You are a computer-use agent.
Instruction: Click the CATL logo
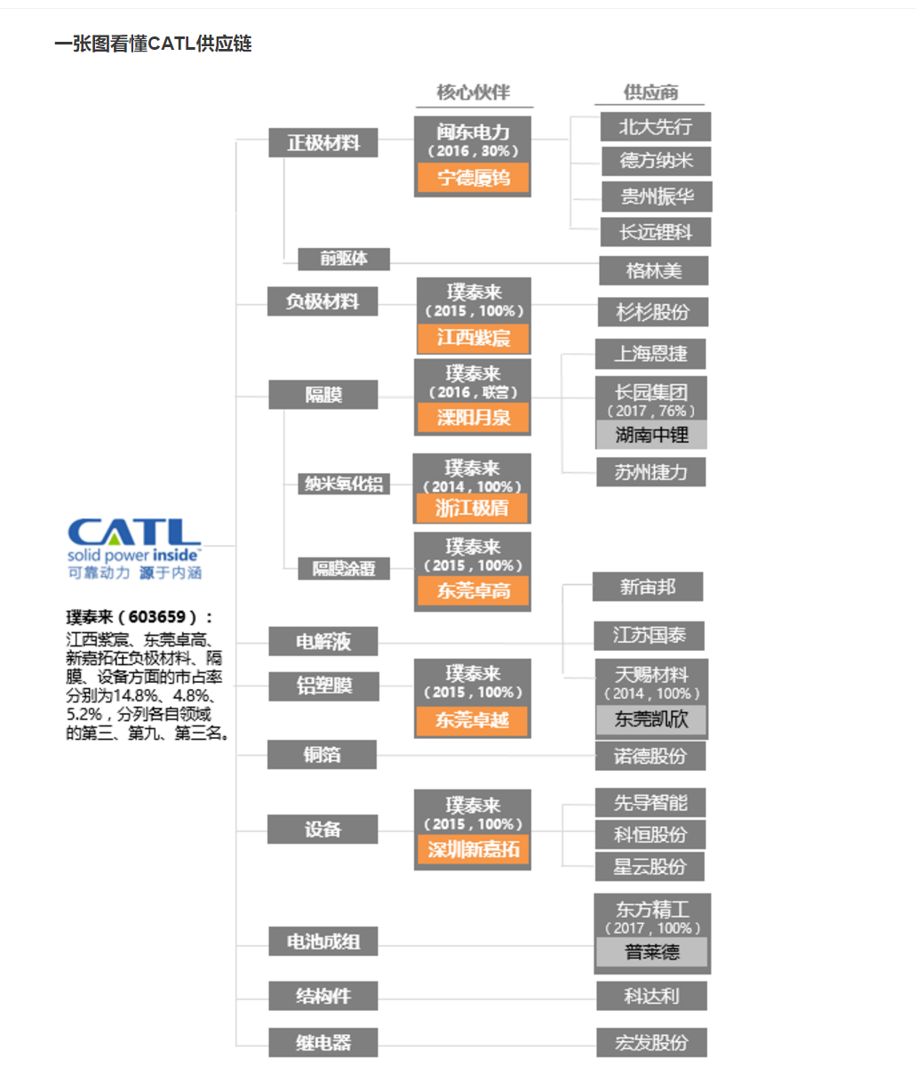[134, 547]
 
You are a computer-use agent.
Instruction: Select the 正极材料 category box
[323, 143]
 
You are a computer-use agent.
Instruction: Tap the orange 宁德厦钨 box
[473, 179]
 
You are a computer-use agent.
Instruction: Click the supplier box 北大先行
[656, 127]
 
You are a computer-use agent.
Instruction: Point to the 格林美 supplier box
[653, 270]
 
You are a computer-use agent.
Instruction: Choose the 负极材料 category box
[323, 301]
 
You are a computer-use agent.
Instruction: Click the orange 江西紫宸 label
[473, 338]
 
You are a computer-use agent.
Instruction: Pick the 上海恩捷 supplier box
[650, 354]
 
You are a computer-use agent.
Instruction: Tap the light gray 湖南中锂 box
[651, 435]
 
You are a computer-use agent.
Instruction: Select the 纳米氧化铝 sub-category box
[344, 484]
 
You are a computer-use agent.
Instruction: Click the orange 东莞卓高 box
[473, 590]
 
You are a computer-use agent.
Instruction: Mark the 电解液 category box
[323, 640]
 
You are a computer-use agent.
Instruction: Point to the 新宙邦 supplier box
[648, 587]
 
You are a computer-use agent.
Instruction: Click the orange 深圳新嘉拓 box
[473, 849]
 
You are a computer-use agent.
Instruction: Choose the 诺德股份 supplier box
[651, 756]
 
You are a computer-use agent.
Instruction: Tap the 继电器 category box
[323, 1042]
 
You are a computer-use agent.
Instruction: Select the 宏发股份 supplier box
[651, 1042]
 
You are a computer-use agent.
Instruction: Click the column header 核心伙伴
[473, 92]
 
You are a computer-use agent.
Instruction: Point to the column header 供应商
[650, 92]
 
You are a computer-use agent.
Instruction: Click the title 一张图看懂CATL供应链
[153, 44]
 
